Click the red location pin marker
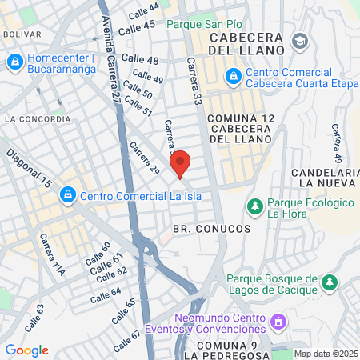click(181, 162)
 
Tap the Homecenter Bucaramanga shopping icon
click(14, 62)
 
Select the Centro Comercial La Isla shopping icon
click(68, 194)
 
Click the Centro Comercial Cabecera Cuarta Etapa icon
click(233, 76)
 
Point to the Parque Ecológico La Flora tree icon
click(255, 206)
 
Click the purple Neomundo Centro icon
click(278, 322)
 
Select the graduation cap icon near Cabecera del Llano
click(299, 40)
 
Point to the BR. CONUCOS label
click(211, 229)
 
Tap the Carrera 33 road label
click(195, 85)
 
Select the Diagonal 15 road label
click(29, 168)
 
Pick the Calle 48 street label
click(141, 61)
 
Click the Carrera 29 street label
click(146, 159)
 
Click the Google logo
click(26, 350)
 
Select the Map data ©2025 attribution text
click(325, 354)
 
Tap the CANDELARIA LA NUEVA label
click(323, 178)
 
